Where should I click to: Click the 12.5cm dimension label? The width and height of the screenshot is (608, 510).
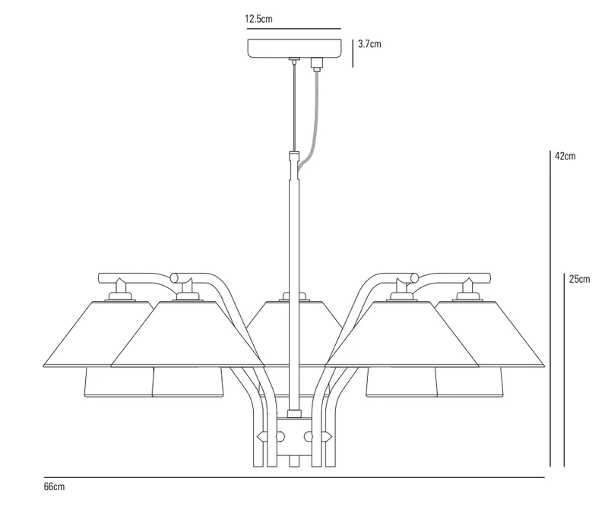coord(258,19)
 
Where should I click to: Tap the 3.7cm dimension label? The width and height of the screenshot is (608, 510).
coord(369,44)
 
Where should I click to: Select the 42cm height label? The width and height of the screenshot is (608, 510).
coord(565,157)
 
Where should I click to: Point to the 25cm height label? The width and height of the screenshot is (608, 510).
coord(579,279)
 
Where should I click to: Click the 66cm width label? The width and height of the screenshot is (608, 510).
coord(54,486)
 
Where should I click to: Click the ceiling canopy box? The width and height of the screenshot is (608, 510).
coord(295,48)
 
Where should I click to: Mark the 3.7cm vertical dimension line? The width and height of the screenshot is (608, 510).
coord(353,53)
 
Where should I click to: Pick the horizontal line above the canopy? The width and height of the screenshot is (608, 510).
coord(294,29)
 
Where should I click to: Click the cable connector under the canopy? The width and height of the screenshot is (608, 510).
coord(317,65)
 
